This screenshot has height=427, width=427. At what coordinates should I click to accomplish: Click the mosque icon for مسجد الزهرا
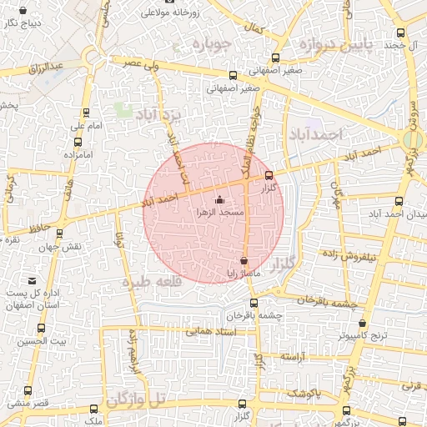(220, 200)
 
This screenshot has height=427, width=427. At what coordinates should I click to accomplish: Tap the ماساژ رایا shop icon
(244, 261)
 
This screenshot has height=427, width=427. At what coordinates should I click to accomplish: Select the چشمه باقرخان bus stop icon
(254, 304)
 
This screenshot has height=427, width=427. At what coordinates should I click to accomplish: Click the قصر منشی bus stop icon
(28, 391)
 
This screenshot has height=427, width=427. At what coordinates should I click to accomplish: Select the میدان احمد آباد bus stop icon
(399, 201)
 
